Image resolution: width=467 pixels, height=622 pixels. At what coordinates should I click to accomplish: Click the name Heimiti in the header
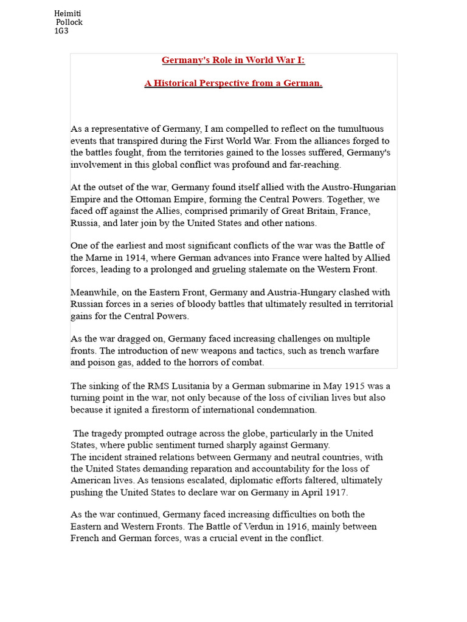pyautogui.click(x=67, y=13)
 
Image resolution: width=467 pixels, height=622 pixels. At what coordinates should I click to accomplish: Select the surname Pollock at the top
pyautogui.click(x=69, y=22)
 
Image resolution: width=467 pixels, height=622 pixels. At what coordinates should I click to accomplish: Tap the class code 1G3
pyautogui.click(x=61, y=31)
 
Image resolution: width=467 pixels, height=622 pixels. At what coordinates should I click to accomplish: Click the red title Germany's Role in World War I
pyautogui.click(x=233, y=60)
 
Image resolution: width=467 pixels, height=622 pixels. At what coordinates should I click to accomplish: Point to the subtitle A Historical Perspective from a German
pyautogui.click(x=233, y=83)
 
